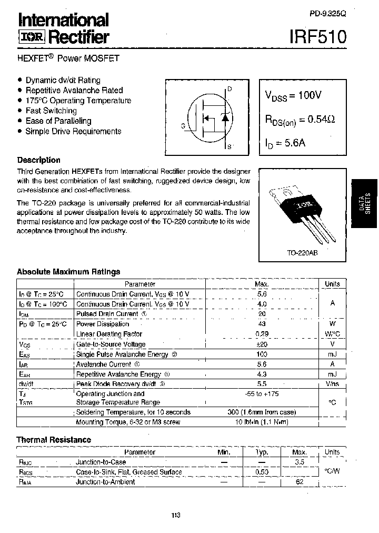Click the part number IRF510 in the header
click(318, 37)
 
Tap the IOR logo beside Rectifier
click(33, 37)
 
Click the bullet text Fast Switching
click(51, 111)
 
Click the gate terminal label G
click(183, 126)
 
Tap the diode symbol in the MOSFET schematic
click(225, 117)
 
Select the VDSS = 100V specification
click(293, 96)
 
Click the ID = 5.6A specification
click(285, 143)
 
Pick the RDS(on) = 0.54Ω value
click(300, 120)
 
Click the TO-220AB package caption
click(302, 253)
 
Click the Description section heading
click(38, 160)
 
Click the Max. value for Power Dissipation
click(262, 324)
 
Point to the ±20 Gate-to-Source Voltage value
click(262, 344)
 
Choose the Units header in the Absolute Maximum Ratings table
click(332, 284)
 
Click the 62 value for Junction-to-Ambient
click(300, 481)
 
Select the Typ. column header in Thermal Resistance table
click(262, 452)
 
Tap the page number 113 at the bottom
click(176, 515)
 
